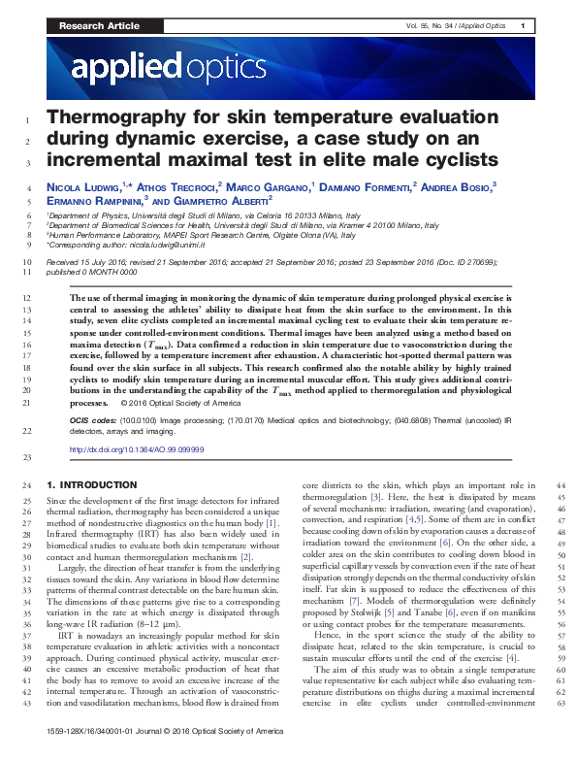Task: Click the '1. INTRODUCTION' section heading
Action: click(92, 484)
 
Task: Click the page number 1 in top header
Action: click(523, 26)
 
